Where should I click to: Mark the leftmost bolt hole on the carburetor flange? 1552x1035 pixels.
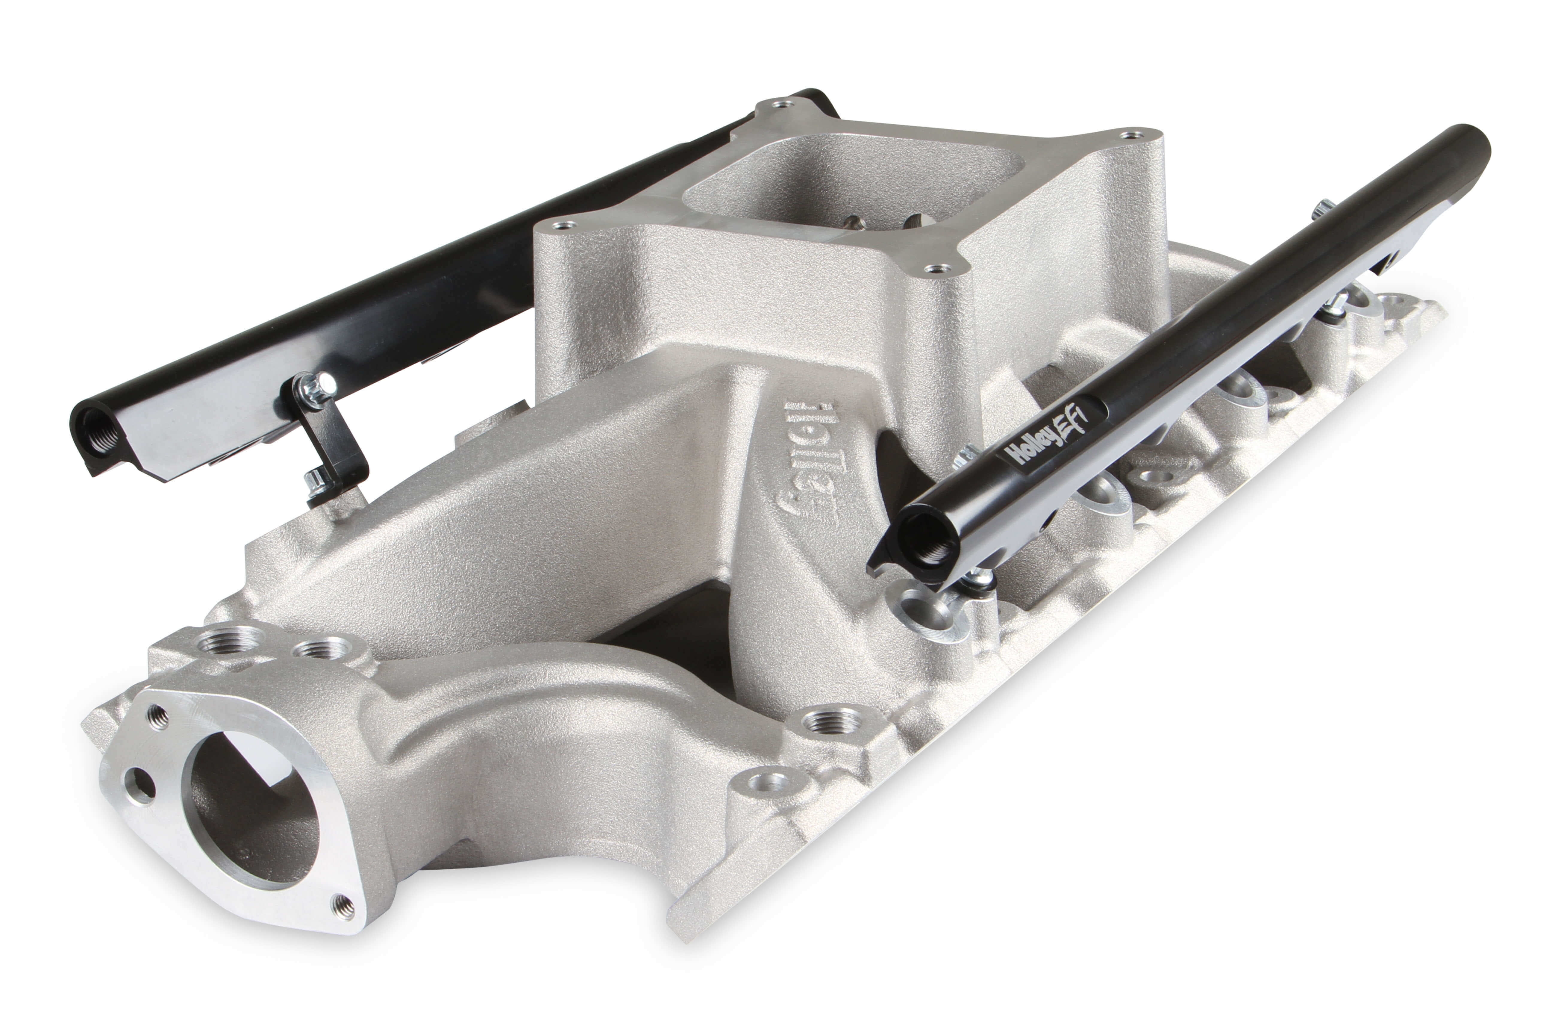pos(562,226)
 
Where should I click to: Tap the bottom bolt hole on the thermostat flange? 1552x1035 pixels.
pos(343,908)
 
